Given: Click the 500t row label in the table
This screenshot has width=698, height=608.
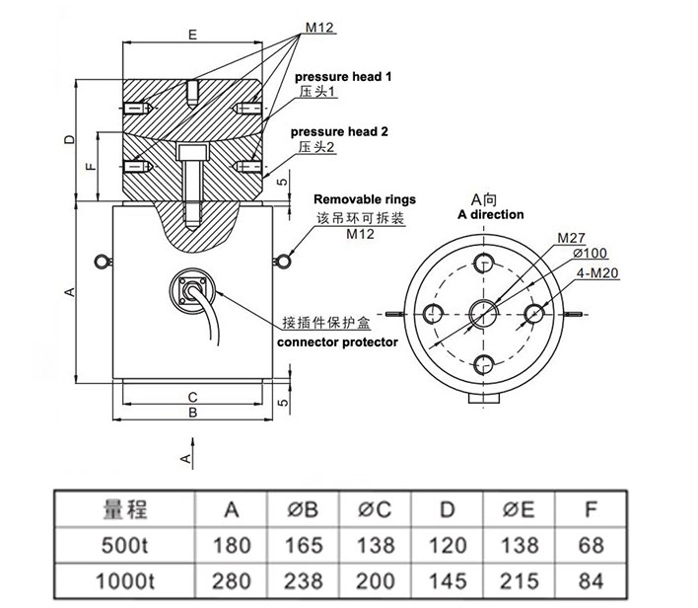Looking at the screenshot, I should coord(125,545).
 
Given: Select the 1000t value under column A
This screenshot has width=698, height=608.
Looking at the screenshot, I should coord(231,579).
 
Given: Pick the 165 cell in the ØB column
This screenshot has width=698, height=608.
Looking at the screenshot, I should coord(303,545).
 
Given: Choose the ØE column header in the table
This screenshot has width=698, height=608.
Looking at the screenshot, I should coord(519,509).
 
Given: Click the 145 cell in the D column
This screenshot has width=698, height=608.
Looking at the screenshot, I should coord(448,579).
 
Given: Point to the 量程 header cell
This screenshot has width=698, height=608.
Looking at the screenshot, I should coord(125,509).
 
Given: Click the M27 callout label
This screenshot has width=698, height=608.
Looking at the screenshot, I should coord(572,239).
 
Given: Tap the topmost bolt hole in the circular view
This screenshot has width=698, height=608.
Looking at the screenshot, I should coord(483,262).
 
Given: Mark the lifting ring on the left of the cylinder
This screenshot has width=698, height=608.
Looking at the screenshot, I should coord(100,261).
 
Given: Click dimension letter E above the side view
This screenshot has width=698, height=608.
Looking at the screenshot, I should coord(192,35).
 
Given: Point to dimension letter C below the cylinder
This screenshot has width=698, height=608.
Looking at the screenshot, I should coord(192,397).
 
